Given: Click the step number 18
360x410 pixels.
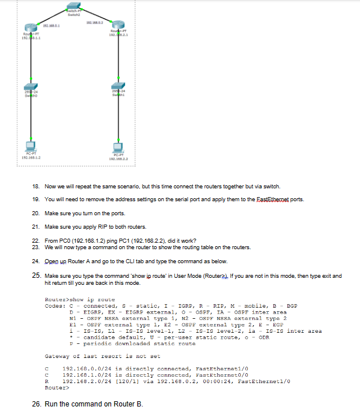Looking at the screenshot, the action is click(x=36, y=187).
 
